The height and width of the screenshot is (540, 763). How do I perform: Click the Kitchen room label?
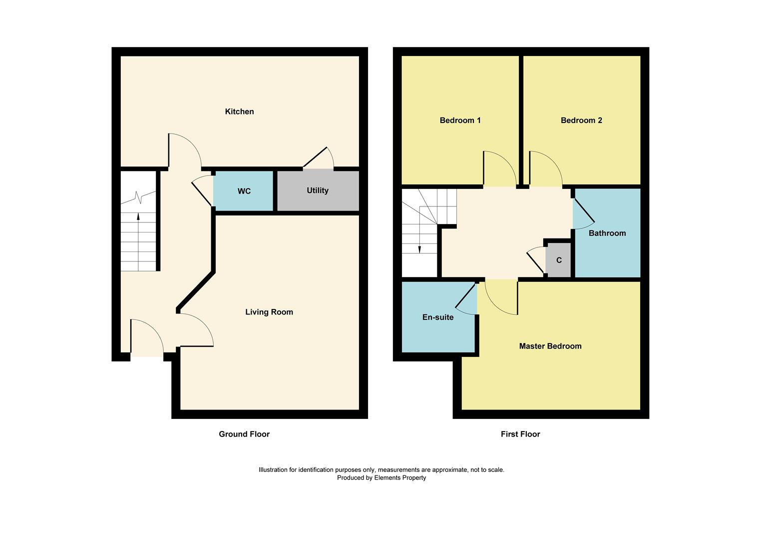[x=239, y=111]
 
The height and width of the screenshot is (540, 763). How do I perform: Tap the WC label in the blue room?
[x=244, y=191]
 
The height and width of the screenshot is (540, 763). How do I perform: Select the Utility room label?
[x=318, y=190]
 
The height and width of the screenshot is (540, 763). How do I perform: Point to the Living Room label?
[x=269, y=312]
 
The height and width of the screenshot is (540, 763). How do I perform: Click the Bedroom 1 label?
[x=460, y=120]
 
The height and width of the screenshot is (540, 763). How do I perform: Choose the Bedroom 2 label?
[x=581, y=120]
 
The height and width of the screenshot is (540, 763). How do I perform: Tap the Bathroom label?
[x=607, y=233]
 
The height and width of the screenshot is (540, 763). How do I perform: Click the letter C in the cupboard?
[x=559, y=260]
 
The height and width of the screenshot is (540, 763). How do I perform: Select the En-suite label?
[x=438, y=317]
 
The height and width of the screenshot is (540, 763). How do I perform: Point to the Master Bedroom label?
[x=550, y=346]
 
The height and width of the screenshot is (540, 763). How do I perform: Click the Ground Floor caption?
[x=244, y=434]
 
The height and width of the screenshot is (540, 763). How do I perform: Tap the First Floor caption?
[x=520, y=434]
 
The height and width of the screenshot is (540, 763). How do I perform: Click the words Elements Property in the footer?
[x=400, y=478]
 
